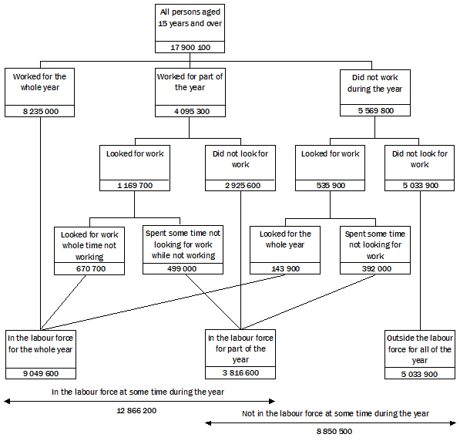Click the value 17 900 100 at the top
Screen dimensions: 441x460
(190, 47)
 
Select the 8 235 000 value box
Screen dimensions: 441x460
(41, 111)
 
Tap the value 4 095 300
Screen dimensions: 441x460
(190, 111)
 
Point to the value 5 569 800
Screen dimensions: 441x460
(376, 111)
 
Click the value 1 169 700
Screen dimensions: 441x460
(135, 186)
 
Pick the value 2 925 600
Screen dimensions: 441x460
(240, 186)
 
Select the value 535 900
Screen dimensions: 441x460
(330, 186)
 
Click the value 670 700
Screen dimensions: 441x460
(82, 268)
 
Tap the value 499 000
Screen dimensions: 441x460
(183, 268)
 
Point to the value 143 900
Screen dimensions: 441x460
(285, 268)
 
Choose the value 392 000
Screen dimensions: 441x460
(374, 268)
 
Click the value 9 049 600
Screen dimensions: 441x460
(41, 373)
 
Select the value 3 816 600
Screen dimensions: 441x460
(240, 373)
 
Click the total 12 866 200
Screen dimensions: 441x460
(136, 411)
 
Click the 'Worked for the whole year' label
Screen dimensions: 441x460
(41, 82)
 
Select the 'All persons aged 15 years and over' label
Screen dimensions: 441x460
(190, 17)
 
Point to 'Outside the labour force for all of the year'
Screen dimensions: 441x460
(420, 348)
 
